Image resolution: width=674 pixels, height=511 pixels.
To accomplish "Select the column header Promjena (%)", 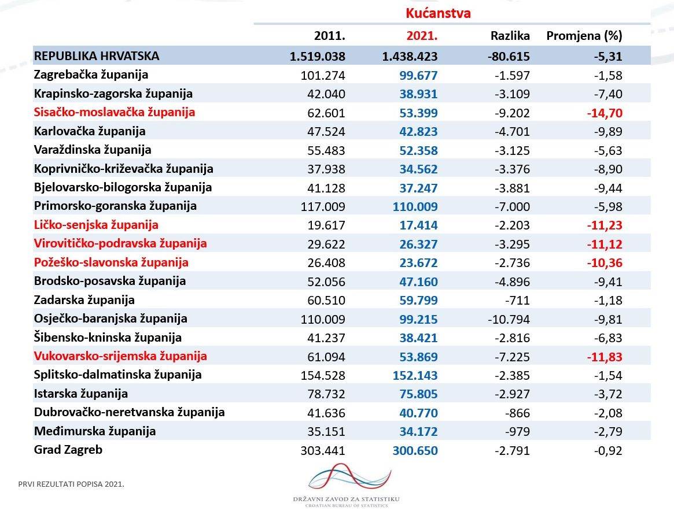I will click(x=584, y=36).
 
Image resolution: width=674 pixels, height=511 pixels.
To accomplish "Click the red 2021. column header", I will click(x=422, y=36).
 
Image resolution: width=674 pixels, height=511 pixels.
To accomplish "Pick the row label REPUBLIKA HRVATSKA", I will click(x=97, y=56).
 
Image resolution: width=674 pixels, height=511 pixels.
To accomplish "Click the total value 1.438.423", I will click(x=410, y=56).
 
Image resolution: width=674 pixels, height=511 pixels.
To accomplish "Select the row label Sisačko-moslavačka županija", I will click(x=115, y=112).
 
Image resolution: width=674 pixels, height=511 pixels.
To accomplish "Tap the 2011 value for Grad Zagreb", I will click(x=323, y=450).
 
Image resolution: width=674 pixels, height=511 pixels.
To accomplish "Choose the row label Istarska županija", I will click(x=81, y=394).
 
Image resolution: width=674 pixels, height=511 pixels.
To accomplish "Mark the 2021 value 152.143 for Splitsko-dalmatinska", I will click(x=415, y=375).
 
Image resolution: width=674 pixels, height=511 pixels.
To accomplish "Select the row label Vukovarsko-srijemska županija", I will click(x=120, y=356).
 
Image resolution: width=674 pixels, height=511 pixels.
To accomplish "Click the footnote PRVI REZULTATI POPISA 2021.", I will click(x=71, y=483).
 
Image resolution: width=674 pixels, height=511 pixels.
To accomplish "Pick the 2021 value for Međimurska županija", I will click(x=418, y=431).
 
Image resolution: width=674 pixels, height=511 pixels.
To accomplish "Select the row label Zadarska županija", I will click(x=84, y=300).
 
